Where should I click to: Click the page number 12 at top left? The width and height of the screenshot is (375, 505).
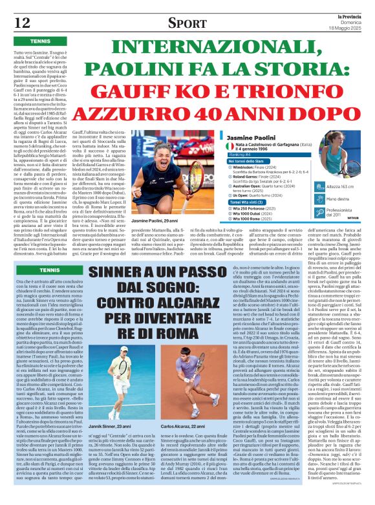[22, 23]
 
